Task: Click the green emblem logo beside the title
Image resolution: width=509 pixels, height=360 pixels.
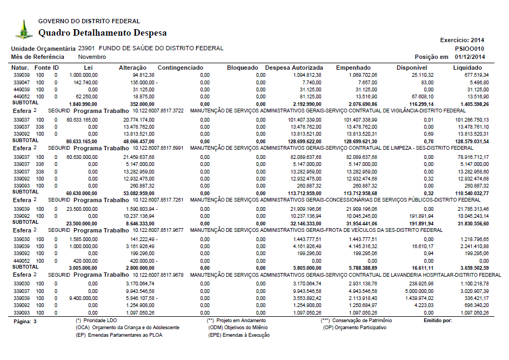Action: click(23, 29)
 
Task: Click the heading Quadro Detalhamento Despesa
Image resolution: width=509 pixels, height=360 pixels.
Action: click(102, 33)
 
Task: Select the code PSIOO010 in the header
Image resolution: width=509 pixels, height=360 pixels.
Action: click(471, 49)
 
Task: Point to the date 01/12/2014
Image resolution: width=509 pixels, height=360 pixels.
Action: click(470, 57)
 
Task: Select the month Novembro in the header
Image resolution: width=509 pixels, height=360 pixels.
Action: click(92, 57)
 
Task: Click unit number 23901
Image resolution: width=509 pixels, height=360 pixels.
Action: click(86, 49)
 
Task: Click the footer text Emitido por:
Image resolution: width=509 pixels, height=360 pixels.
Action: click(438, 321)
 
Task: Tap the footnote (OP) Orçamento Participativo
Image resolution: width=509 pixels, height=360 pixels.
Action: click(355, 328)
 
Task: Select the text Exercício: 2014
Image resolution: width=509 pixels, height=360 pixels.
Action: click(462, 40)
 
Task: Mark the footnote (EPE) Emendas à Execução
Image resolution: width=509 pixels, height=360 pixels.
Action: click(239, 335)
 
